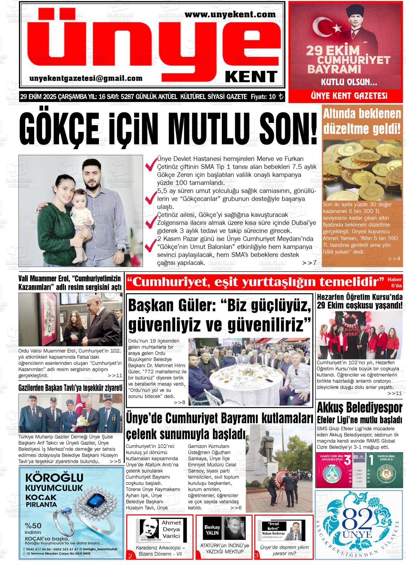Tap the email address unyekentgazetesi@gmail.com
[x=86, y=78]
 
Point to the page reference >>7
[x=309, y=263]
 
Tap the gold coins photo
[x=362, y=169]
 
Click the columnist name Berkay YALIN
[x=212, y=530]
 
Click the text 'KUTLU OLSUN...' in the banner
[x=349, y=83]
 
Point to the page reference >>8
[x=179, y=403]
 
